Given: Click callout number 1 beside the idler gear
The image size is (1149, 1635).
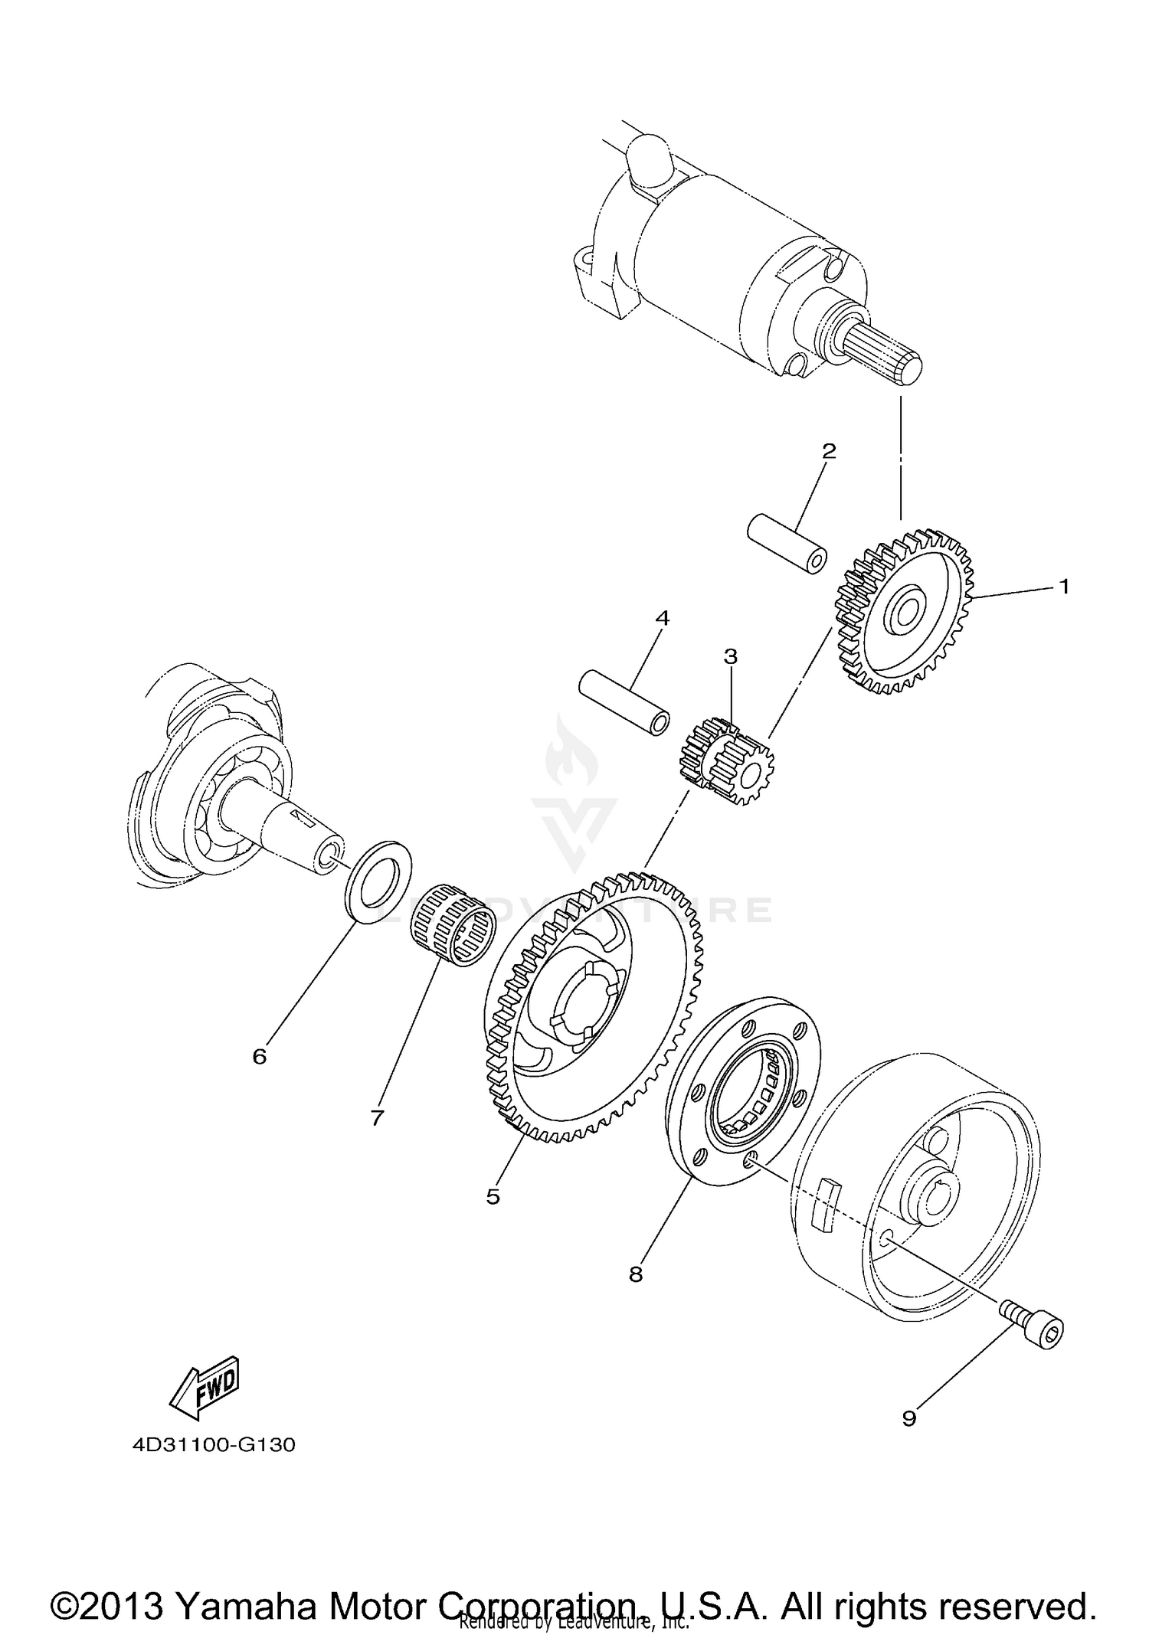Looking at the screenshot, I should click(x=1063, y=587).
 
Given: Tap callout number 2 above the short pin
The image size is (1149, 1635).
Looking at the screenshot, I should click(x=828, y=451).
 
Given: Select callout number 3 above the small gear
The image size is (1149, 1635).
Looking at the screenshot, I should click(x=730, y=656).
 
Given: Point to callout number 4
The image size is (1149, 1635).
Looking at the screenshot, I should click(x=662, y=617).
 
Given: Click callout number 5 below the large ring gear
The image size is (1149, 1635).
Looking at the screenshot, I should click(x=493, y=1196).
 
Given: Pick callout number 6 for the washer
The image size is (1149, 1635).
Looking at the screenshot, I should click(x=260, y=1057).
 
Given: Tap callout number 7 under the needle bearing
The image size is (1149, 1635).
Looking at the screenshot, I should click(x=376, y=1118).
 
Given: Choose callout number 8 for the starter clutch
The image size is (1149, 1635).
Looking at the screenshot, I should click(x=636, y=1274).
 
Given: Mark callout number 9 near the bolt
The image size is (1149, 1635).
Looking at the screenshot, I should click(x=909, y=1419).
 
